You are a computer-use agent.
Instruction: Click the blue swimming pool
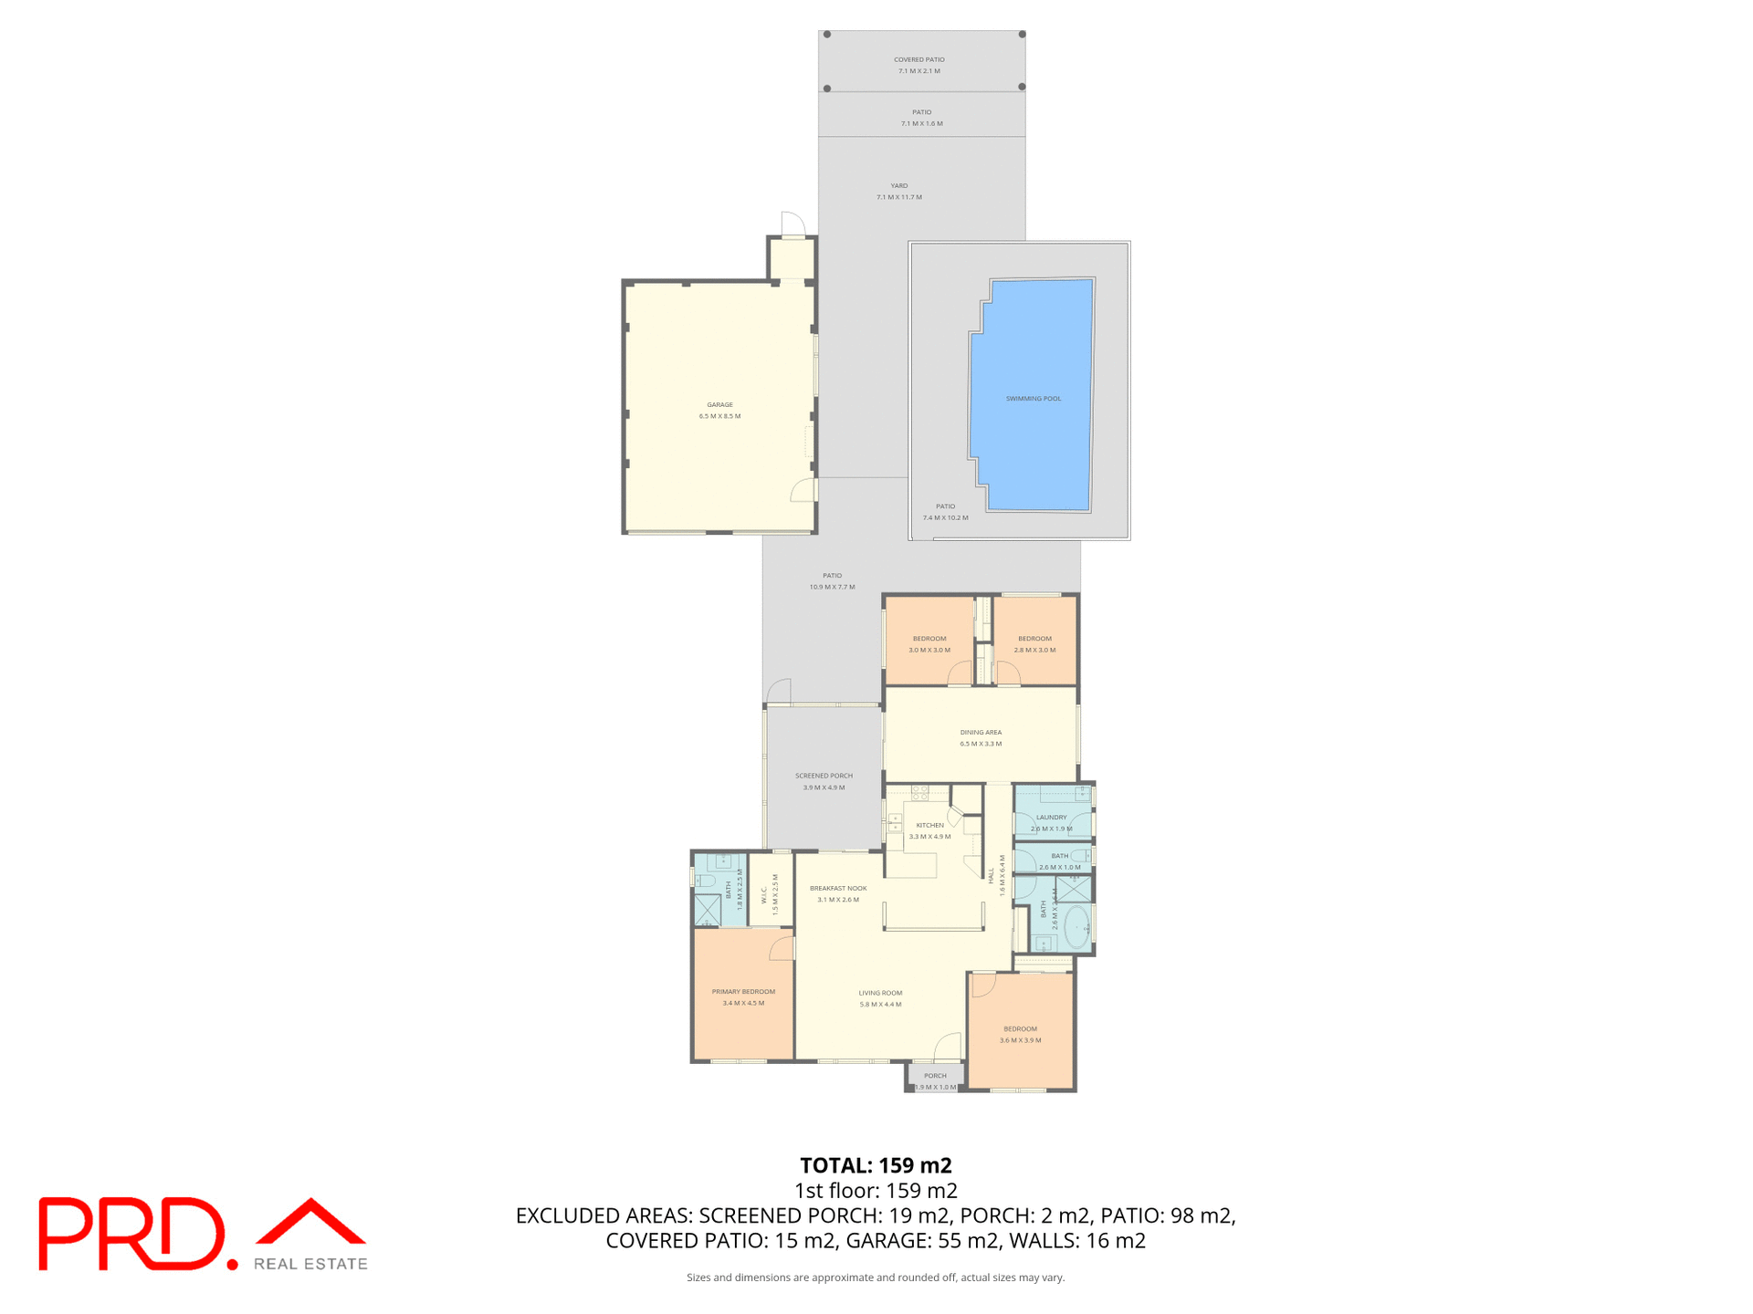pos(1032,397)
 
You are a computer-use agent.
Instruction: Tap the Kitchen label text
pos(929,825)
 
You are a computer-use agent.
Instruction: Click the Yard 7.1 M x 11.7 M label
pos(899,191)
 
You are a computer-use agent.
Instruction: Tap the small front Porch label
pos(935,1076)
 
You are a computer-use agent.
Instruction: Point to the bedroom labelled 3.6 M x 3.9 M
pos(1020,1034)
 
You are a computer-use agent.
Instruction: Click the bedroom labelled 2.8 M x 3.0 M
pos(1034,644)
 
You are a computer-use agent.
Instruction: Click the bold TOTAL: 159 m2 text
pos(876,1165)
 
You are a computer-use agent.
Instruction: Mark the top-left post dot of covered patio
pos(827,35)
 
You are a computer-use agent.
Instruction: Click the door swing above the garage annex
pos(793,224)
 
